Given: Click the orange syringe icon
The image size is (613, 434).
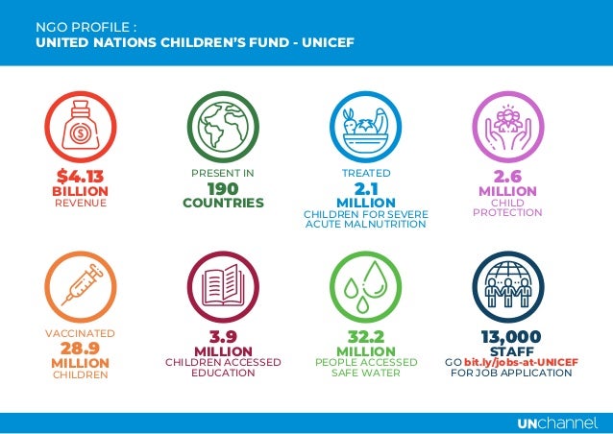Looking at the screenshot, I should (x=80, y=287).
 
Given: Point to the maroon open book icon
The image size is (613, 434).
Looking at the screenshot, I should (x=223, y=287).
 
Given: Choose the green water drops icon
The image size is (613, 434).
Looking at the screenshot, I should (x=365, y=287).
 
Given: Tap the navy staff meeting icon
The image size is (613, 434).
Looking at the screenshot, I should (x=507, y=287).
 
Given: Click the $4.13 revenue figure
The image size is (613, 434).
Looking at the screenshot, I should (x=80, y=177).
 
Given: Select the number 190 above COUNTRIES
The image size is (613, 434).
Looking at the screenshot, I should (x=223, y=188).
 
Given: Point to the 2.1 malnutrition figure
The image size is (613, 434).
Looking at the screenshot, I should (x=365, y=188).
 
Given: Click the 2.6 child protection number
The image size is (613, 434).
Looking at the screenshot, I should (x=507, y=177).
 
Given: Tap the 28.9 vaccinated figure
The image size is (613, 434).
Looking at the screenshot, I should (x=80, y=348).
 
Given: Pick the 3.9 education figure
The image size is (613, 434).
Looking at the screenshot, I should (x=223, y=337).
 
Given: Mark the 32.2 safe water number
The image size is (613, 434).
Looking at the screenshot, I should (x=365, y=337).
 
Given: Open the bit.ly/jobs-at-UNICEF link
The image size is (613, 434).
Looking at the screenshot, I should (x=521, y=361).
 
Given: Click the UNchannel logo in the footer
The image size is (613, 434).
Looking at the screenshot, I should (x=556, y=423).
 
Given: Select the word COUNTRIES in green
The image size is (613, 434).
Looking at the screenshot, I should (x=223, y=204).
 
